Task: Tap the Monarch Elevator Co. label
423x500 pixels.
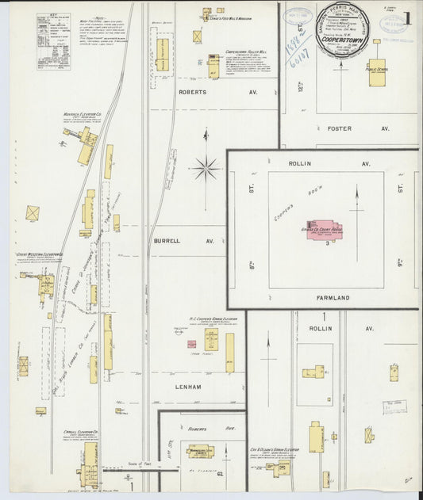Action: click(x=80, y=115)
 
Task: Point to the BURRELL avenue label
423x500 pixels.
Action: click(x=169, y=239)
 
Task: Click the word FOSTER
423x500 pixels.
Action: click(x=337, y=128)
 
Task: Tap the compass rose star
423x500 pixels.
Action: click(x=205, y=167)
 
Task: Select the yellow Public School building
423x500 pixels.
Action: click(x=376, y=72)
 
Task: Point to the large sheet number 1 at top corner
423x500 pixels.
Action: click(x=407, y=17)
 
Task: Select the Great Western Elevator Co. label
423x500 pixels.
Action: click(x=40, y=255)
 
